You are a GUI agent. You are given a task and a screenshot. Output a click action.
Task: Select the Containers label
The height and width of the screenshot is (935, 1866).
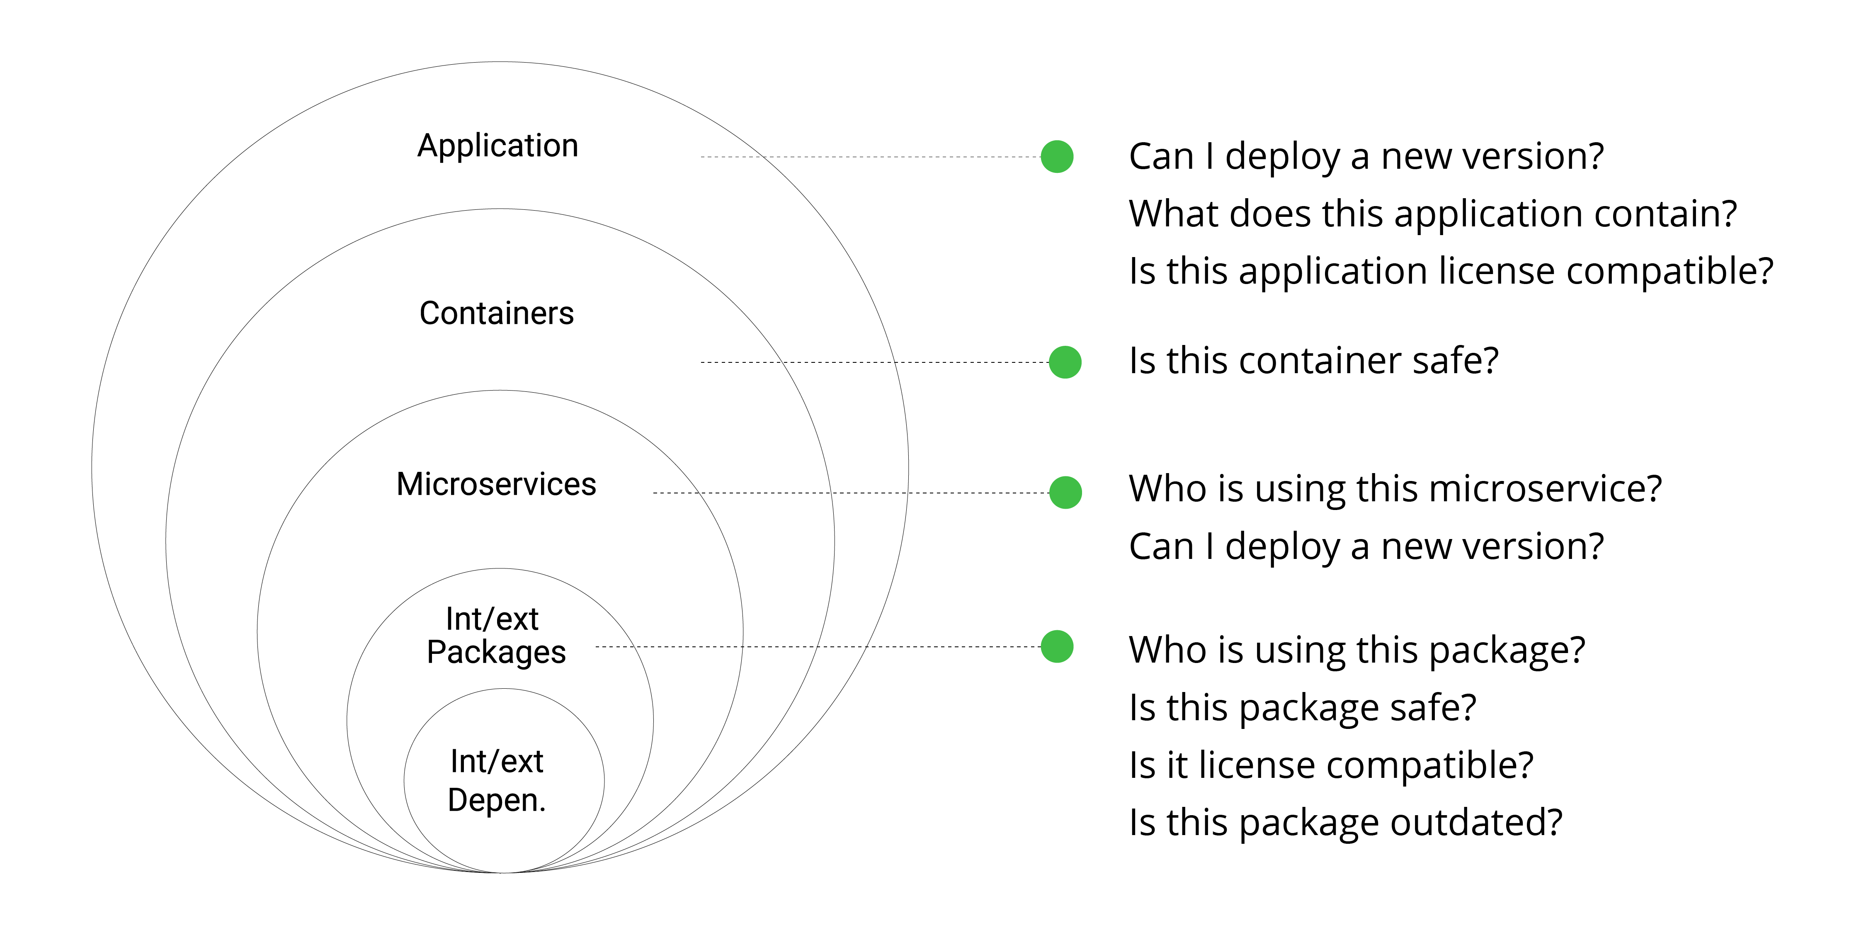pyautogui.click(x=496, y=313)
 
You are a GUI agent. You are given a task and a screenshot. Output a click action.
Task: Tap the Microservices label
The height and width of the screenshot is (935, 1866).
pyautogui.click(x=496, y=484)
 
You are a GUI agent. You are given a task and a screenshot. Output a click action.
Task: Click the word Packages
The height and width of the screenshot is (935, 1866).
pyautogui.click(x=496, y=652)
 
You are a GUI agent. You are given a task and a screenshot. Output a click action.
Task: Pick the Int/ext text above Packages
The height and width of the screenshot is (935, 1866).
pyautogui.click(x=492, y=619)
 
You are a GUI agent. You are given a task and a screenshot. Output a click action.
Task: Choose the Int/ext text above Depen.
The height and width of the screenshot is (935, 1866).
pyautogui.click(x=496, y=761)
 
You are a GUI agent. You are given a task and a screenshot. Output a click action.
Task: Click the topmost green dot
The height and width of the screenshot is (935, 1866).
pyautogui.click(x=1057, y=156)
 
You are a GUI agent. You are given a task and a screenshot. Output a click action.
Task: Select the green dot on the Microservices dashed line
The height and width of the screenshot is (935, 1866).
pyautogui.click(x=1065, y=493)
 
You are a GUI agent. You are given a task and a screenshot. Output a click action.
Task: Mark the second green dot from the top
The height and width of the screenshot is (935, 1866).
pyautogui.click(x=1065, y=362)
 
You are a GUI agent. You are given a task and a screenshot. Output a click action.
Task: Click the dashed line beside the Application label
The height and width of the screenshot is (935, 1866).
pyautogui.click(x=869, y=156)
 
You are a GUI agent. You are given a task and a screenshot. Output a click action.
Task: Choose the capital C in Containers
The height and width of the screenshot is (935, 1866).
pyautogui.click(x=430, y=313)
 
